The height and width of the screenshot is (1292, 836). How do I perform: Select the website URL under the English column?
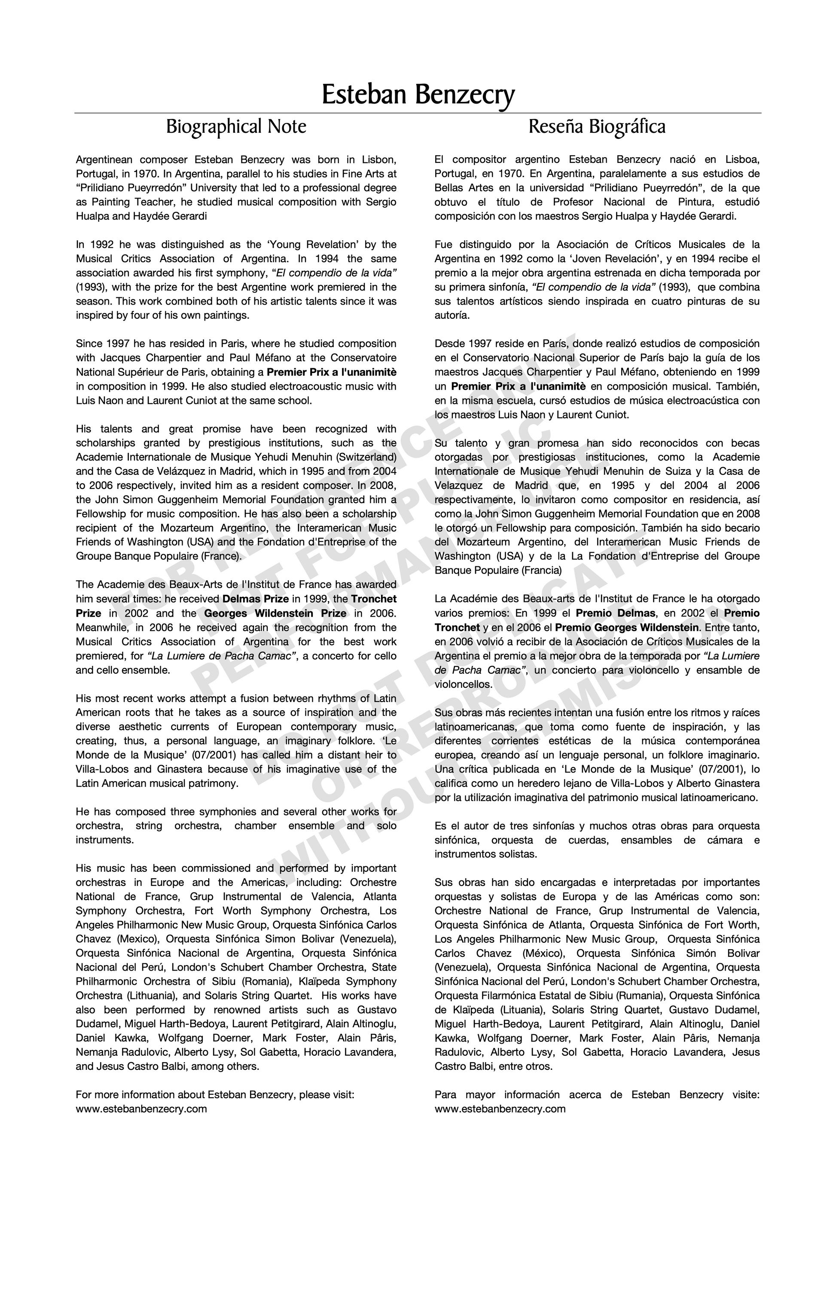click(141, 1109)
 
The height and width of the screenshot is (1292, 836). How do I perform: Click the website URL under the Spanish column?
click(500, 1109)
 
